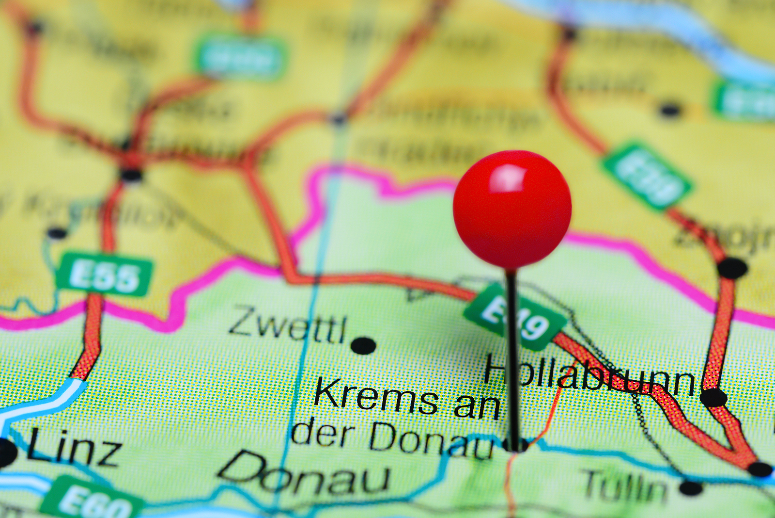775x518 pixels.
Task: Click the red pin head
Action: pyautogui.click(x=512, y=209)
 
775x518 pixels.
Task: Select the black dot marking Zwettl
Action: pyautogui.click(x=363, y=346)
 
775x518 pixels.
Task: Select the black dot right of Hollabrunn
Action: pyautogui.click(x=713, y=397)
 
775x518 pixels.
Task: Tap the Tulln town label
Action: pyautogui.click(x=625, y=486)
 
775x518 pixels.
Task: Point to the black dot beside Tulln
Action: pyautogui.click(x=691, y=487)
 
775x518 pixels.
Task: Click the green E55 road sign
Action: pyautogui.click(x=105, y=275)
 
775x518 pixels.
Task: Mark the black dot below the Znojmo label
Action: pyautogui.click(x=732, y=268)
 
